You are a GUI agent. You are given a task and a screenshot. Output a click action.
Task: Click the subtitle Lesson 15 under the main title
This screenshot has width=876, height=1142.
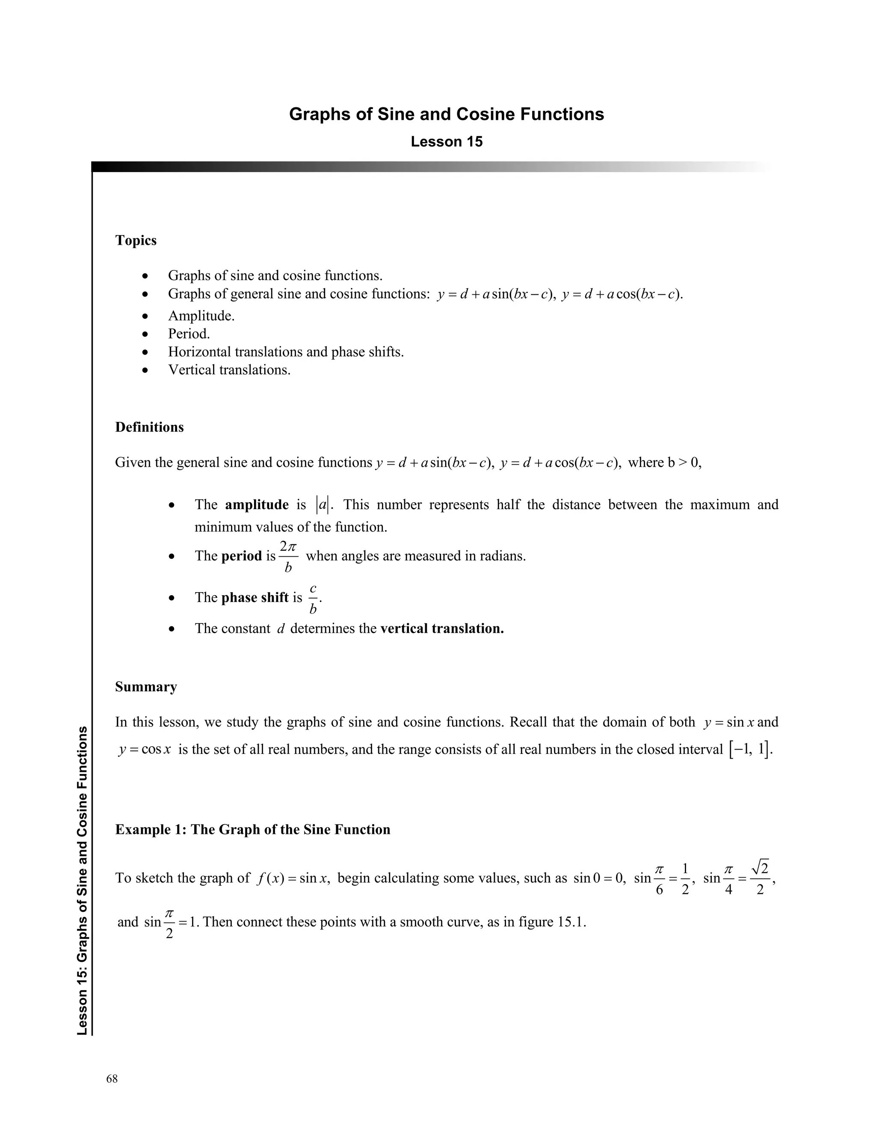(x=447, y=142)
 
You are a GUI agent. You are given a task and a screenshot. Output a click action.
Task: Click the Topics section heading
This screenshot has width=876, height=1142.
(x=136, y=240)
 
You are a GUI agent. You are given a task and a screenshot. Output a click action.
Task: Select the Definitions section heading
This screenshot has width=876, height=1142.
(x=149, y=427)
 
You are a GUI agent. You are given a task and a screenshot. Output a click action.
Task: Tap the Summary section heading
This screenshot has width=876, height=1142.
(x=146, y=687)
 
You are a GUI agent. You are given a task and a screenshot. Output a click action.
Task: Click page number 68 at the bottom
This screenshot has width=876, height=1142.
(x=112, y=1079)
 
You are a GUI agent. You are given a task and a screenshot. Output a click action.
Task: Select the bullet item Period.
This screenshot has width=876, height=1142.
(x=188, y=334)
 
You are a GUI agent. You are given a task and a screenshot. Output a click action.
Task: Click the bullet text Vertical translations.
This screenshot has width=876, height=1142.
(x=229, y=370)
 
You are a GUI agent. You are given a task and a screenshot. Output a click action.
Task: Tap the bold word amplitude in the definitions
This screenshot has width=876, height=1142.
(x=257, y=505)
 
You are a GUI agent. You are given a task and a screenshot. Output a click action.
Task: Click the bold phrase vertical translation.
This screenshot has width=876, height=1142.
(x=442, y=629)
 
